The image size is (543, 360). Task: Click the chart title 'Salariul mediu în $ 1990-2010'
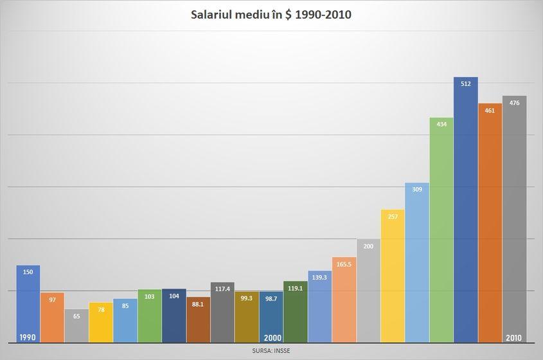coord(271,14)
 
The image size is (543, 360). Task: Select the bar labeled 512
coord(465,212)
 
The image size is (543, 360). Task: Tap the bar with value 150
coord(28,305)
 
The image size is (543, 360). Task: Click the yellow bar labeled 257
coord(393,276)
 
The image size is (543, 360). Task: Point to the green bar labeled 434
coord(441,231)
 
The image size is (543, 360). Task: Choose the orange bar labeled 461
coord(490,225)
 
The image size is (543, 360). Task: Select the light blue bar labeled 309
coord(417,264)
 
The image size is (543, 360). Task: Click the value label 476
coord(514,103)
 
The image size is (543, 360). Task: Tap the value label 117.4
coord(222,289)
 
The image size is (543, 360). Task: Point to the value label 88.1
coord(198,304)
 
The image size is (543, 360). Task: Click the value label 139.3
coord(319,277)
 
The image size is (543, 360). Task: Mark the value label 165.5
coord(344,264)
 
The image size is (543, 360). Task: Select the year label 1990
coord(28,337)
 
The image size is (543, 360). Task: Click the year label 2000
coord(272,337)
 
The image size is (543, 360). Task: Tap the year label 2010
coord(514,337)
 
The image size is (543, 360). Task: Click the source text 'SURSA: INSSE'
coord(271,351)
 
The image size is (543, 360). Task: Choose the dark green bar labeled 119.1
coord(296,315)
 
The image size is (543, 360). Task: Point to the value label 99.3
coord(247,298)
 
